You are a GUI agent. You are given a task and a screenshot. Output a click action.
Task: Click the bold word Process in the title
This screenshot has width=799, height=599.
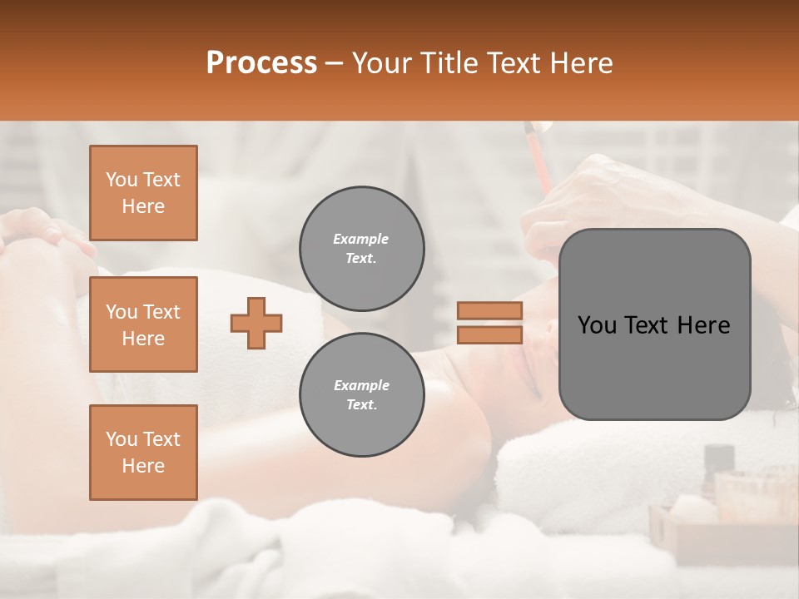261,63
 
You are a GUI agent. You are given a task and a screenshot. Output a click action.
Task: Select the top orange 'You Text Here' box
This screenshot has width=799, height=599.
143,193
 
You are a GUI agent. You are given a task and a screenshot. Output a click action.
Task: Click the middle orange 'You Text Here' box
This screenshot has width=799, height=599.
143,324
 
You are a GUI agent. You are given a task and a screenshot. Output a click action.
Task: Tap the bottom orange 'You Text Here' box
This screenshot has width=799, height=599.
143,453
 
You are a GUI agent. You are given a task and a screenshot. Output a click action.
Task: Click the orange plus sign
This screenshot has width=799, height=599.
256,323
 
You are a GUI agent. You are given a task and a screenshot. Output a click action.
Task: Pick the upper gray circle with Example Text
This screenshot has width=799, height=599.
361,249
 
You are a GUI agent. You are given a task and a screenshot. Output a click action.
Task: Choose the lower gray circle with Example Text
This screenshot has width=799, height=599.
361,395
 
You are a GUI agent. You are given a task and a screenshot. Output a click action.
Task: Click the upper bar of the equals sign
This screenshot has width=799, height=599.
489,310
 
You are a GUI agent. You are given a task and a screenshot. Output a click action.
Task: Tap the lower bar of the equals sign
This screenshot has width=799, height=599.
489,334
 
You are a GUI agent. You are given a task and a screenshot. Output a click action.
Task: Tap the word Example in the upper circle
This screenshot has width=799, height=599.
361,239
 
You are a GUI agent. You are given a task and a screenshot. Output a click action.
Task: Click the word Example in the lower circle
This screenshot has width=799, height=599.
361,385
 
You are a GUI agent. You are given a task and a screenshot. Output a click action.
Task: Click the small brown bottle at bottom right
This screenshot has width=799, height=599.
718,461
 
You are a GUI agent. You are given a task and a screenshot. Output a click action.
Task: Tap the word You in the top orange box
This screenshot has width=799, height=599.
121,180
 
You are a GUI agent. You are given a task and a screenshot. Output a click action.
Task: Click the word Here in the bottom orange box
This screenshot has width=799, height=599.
143,466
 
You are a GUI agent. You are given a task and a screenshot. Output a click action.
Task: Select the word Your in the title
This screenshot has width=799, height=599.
383,63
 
